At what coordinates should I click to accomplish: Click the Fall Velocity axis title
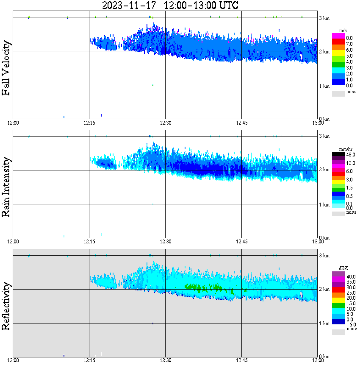7,68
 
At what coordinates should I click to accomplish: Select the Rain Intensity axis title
7,187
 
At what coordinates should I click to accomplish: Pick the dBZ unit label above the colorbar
343,268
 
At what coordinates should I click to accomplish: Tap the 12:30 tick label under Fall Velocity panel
165,123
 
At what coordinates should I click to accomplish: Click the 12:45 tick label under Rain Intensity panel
241,242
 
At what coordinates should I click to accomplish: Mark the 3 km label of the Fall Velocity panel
324,18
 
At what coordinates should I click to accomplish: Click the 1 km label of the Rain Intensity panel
324,205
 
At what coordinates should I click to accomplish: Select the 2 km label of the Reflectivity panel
324,290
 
